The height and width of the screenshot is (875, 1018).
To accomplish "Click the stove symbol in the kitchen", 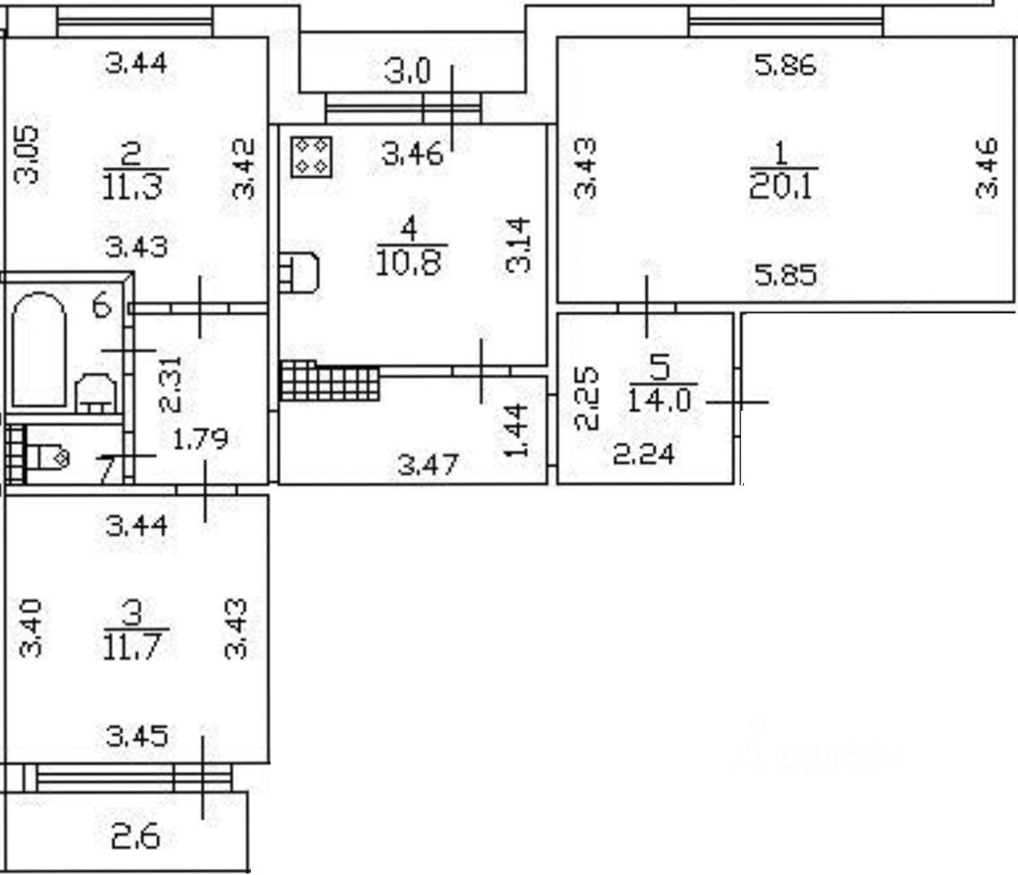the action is click(312, 156).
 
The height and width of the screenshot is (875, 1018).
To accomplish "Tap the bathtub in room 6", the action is click(39, 350).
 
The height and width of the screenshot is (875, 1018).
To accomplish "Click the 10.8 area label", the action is click(409, 263).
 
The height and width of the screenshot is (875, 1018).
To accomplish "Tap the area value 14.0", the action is click(660, 399).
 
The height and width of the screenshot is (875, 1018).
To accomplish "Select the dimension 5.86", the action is click(785, 65).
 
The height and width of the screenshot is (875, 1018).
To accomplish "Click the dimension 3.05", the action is click(28, 153).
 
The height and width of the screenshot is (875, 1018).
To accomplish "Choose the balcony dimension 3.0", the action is click(407, 71).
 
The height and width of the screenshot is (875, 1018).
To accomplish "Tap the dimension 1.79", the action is click(200, 438).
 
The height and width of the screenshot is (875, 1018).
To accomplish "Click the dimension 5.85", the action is click(785, 276).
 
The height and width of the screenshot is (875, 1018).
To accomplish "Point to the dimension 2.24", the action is click(644, 455).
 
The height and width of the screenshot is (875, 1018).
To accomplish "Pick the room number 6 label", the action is click(102, 307).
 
